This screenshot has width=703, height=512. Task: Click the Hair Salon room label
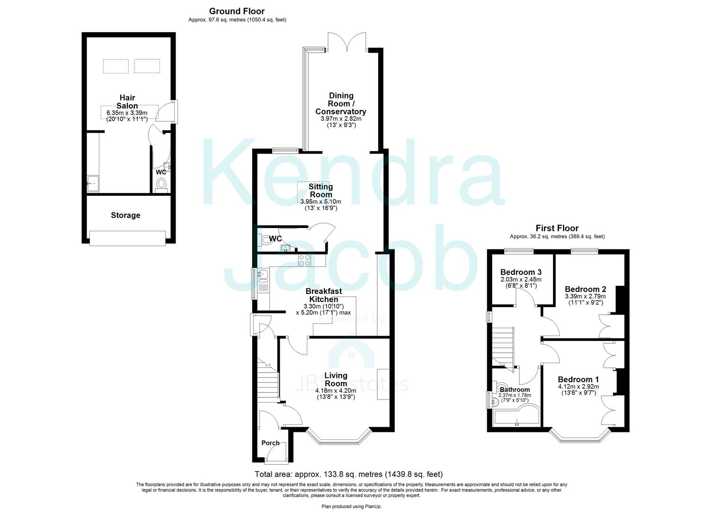[127, 102]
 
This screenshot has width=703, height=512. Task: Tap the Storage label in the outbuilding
[125, 215]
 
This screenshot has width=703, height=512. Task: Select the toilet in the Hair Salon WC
[161, 183]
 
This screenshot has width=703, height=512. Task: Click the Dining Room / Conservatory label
[340, 104]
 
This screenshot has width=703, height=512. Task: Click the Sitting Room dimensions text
[320, 205]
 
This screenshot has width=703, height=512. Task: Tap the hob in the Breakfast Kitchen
[304, 260]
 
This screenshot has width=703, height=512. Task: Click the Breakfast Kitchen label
[323, 295]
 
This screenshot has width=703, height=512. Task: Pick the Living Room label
[336, 379]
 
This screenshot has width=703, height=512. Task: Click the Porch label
[270, 443]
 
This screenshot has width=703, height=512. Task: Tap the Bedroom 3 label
[521, 272]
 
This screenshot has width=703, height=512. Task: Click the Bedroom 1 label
[578, 379]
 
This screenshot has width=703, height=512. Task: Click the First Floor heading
[557, 229]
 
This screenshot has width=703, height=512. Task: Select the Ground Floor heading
[237, 11]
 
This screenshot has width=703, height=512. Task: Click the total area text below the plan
[348, 474]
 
